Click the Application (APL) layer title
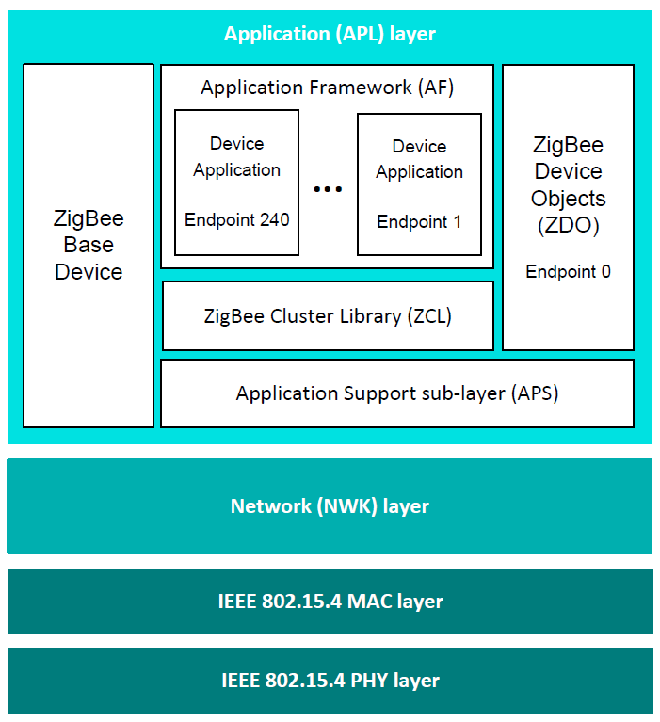click(x=330, y=35)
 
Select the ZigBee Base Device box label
click(x=89, y=246)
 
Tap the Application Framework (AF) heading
click(x=327, y=88)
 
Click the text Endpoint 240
click(x=236, y=220)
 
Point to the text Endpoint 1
click(x=419, y=222)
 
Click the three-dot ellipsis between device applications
click(x=328, y=189)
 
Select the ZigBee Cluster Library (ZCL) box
click(x=328, y=316)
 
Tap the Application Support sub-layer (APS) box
click(x=396, y=393)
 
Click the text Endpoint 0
click(x=568, y=272)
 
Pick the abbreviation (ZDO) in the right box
click(x=568, y=226)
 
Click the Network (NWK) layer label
click(x=330, y=506)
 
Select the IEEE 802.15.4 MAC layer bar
click(x=330, y=601)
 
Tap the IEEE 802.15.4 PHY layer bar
click(x=330, y=680)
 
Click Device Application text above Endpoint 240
click(x=236, y=157)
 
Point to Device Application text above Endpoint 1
click(x=419, y=159)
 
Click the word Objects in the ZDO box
click(x=568, y=199)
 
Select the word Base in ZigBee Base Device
click(x=89, y=246)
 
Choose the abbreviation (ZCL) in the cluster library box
click(x=429, y=316)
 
